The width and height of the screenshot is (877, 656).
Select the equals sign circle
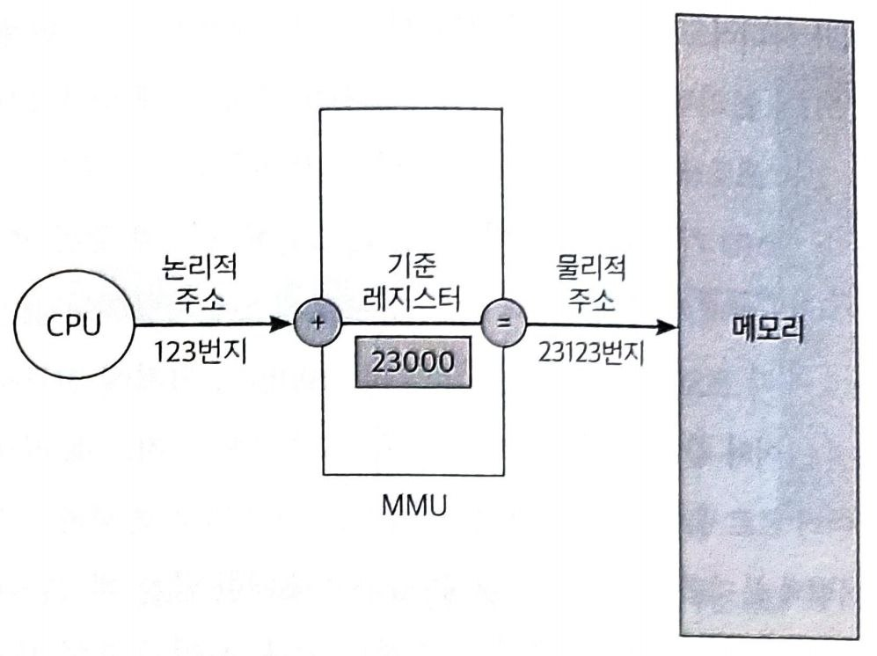[504, 324]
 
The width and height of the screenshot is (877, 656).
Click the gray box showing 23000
[411, 362]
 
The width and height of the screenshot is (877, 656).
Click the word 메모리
[770, 327]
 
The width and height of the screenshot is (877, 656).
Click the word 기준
[411, 266]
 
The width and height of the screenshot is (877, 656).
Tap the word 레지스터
[411, 297]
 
